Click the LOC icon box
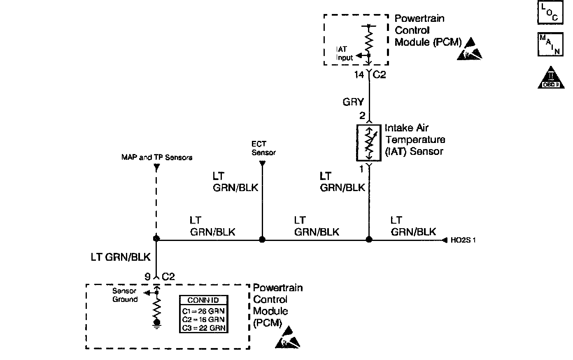pyautogui.click(x=550, y=12)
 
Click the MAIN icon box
pyautogui.click(x=550, y=44)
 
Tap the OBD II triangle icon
pyautogui.click(x=550, y=78)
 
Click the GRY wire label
pyautogui.click(x=353, y=102)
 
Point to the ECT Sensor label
pyautogui.click(x=263, y=148)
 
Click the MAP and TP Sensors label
pyautogui.click(x=156, y=157)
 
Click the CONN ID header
pyautogui.click(x=203, y=300)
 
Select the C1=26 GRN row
pyautogui.click(x=203, y=311)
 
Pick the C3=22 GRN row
pyautogui.click(x=203, y=328)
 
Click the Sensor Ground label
pyautogui.click(x=124, y=295)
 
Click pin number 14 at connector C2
pyautogui.click(x=359, y=75)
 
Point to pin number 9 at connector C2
pyautogui.click(x=147, y=277)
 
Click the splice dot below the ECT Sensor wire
pyautogui.click(x=262, y=239)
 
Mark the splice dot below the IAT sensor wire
pyautogui.click(x=369, y=239)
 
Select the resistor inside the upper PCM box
pyautogui.click(x=369, y=41)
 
